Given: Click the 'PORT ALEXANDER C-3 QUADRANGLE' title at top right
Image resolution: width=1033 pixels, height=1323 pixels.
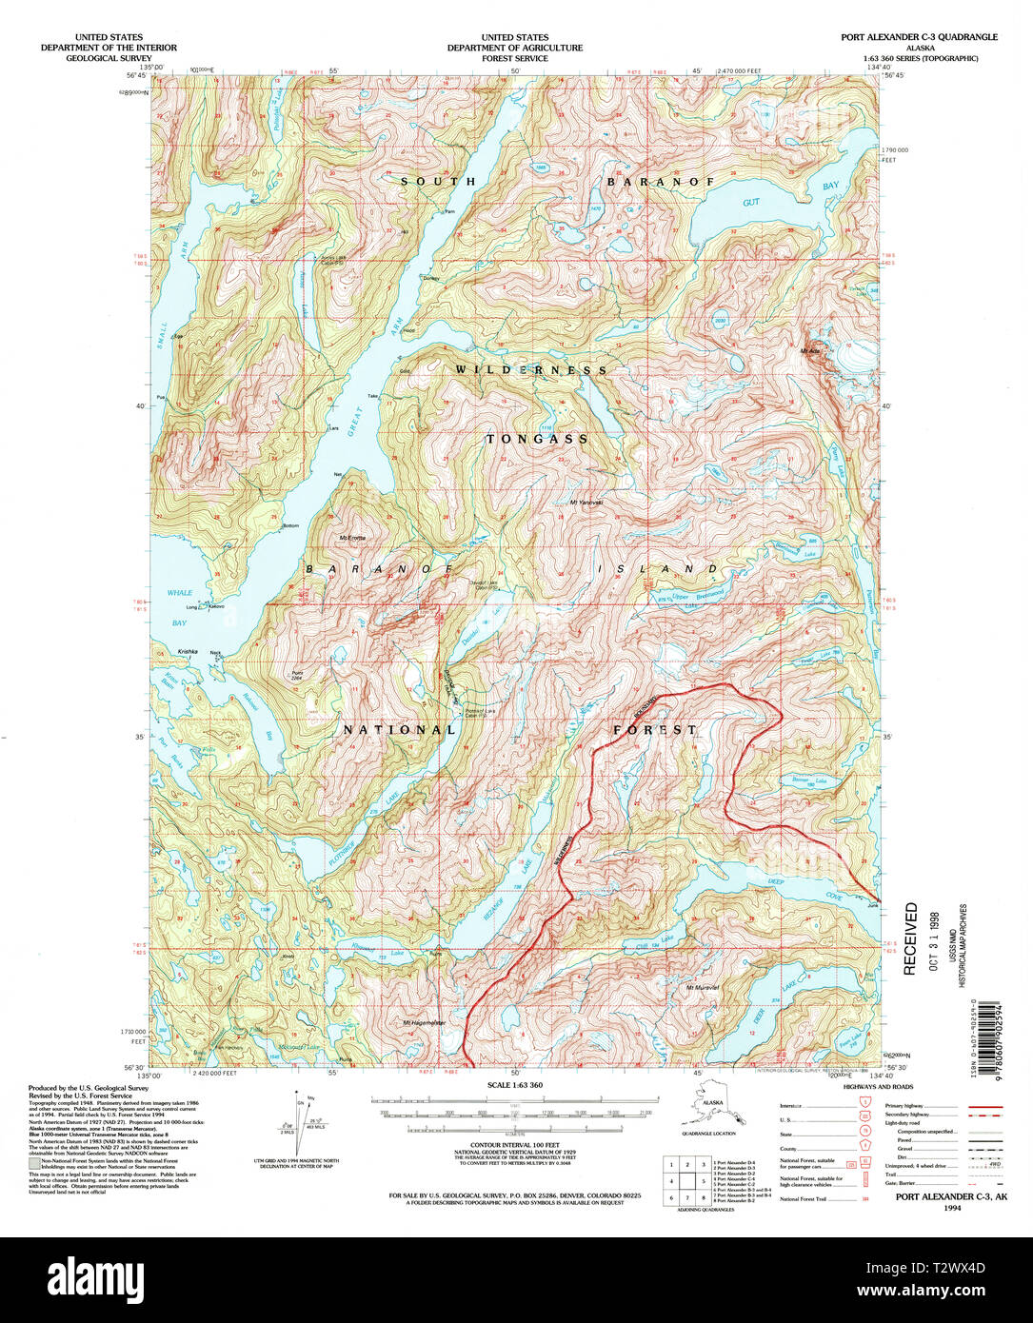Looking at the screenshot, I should [919, 37].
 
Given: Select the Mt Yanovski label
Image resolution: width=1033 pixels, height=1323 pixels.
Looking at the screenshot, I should [586, 504].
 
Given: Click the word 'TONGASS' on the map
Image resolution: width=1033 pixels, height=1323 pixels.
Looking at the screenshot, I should [538, 440].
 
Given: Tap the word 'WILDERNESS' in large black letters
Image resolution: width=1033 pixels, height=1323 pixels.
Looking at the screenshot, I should [530, 369].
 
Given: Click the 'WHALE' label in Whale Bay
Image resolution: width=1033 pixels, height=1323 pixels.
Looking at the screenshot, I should [180, 593].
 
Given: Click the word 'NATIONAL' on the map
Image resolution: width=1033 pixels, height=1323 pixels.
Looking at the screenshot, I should [400, 730].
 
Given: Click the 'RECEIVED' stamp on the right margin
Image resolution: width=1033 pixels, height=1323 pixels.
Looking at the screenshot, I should [911, 938].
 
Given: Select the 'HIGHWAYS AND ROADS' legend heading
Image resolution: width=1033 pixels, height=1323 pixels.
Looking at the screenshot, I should [878, 1086].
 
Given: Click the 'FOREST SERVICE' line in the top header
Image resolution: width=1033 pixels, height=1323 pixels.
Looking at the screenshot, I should [514, 58].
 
